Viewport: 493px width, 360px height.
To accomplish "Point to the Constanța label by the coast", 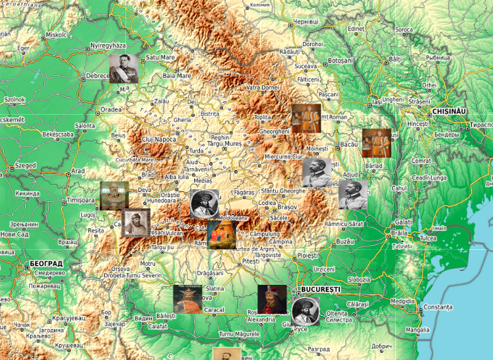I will (x=438, y=307).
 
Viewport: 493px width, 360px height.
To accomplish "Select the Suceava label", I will (x=306, y=66).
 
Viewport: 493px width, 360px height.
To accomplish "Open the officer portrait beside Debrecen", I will (x=123, y=68).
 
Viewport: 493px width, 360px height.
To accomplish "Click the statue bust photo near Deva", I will (x=114, y=196).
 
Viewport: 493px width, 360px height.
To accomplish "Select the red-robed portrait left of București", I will (x=271, y=299).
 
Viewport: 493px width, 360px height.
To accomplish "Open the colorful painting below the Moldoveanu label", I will (x=221, y=235).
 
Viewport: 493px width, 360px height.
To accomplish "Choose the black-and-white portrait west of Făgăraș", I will (x=204, y=204).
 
